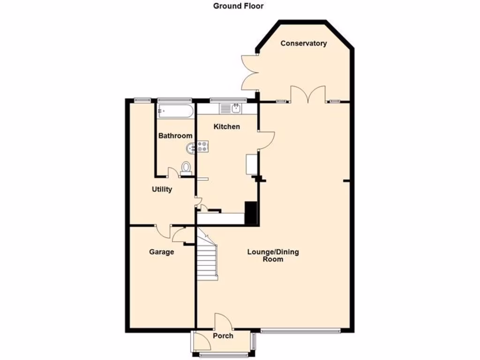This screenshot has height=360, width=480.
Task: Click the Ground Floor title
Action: (x=239, y=6)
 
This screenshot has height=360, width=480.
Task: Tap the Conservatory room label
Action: (x=303, y=44)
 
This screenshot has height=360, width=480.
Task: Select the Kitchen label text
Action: (x=227, y=127)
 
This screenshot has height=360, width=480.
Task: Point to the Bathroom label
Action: (x=175, y=136)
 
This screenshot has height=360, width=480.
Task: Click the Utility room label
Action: (x=162, y=189)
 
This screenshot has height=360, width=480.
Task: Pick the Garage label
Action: (x=161, y=252)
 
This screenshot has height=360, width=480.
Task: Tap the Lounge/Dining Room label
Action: (x=273, y=255)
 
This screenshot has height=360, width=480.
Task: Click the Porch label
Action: (x=223, y=336)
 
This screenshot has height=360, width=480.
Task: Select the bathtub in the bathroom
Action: (x=174, y=111)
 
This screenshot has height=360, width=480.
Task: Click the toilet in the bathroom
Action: (x=186, y=169)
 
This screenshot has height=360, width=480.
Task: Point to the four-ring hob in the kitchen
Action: (x=203, y=147)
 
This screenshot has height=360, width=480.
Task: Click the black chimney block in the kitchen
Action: (x=251, y=213)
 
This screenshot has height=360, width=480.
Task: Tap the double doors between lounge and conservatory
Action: (x=307, y=94)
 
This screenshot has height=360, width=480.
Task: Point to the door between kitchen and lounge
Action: (x=266, y=140)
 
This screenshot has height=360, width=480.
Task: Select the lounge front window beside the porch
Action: (x=300, y=331)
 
